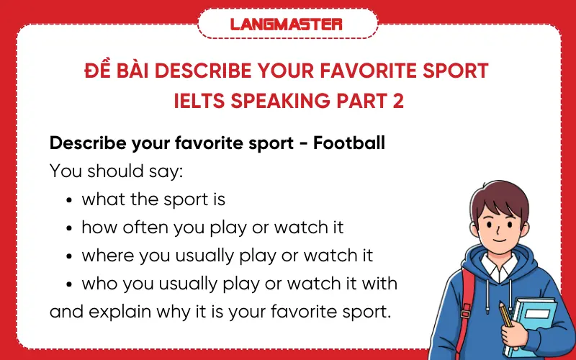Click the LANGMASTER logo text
coord(287,24)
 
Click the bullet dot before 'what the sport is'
coord(69,200)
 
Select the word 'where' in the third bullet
coord(105,256)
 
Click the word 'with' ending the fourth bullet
coord(379,284)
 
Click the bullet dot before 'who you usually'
coord(69,284)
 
